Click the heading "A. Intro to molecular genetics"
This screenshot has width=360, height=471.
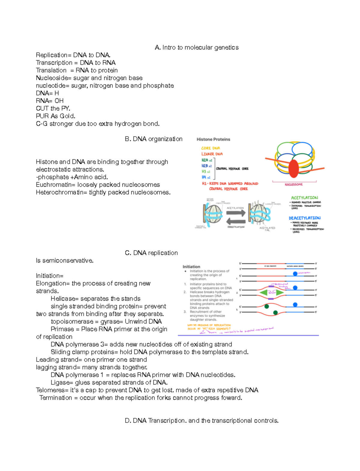coord(196,47)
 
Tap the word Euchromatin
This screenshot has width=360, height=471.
coord(55,185)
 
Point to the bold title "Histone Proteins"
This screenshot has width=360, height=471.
coord(213,139)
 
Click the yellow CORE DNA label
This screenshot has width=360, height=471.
coord(211,148)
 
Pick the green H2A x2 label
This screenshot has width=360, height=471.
coord(206,160)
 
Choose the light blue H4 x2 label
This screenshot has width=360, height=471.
coord(206,178)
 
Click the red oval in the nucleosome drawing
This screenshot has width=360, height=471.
coord(294,169)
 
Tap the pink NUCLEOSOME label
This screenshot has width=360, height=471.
coord(294,184)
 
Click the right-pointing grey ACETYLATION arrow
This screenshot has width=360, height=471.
coord(236,213)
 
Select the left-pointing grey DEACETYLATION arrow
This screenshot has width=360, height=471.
coord(236,222)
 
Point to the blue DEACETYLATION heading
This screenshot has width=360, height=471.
coord(304,218)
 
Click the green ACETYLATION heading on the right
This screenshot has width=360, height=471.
coord(304,198)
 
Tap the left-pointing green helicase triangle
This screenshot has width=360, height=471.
coord(264,292)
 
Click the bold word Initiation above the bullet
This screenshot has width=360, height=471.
coord(191,267)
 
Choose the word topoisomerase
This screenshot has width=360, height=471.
coord(72,322)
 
